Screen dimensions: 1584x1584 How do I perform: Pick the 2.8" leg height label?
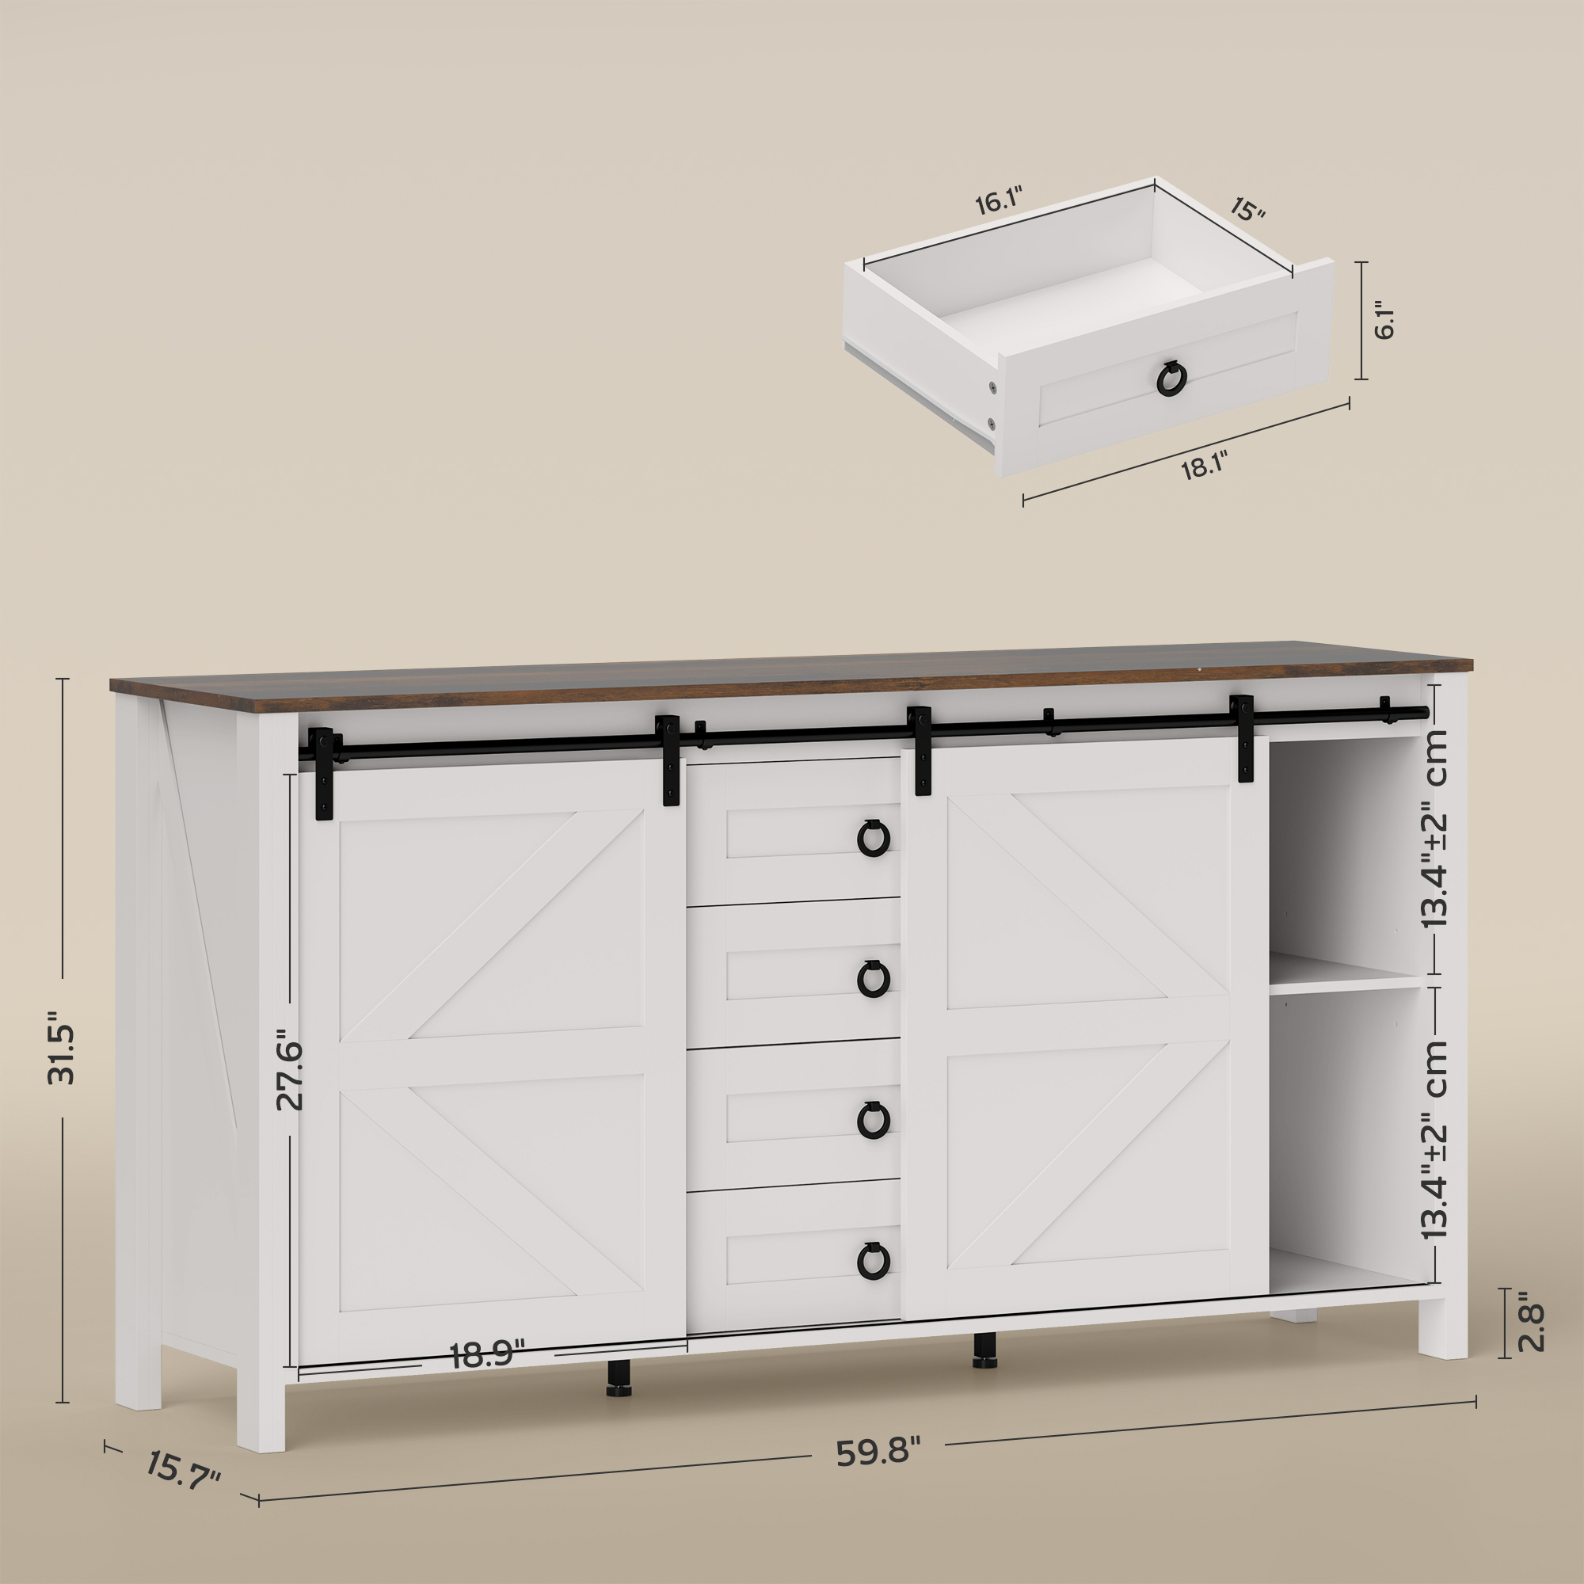[x=1530, y=1333]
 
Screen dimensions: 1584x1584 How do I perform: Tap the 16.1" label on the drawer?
[x=999, y=202]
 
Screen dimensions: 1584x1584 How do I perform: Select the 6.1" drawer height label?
[x=1384, y=321]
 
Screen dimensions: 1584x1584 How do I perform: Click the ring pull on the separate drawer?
[x=1171, y=378]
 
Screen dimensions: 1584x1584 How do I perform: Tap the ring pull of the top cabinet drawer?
[x=873, y=837]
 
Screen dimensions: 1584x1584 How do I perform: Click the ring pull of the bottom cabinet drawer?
[x=873, y=1259]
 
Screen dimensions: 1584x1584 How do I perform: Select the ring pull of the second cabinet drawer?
[x=873, y=978]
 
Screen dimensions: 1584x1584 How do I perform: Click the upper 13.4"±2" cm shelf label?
[x=1434, y=829]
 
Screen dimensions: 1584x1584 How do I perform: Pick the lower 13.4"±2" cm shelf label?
[x=1434, y=1140]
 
